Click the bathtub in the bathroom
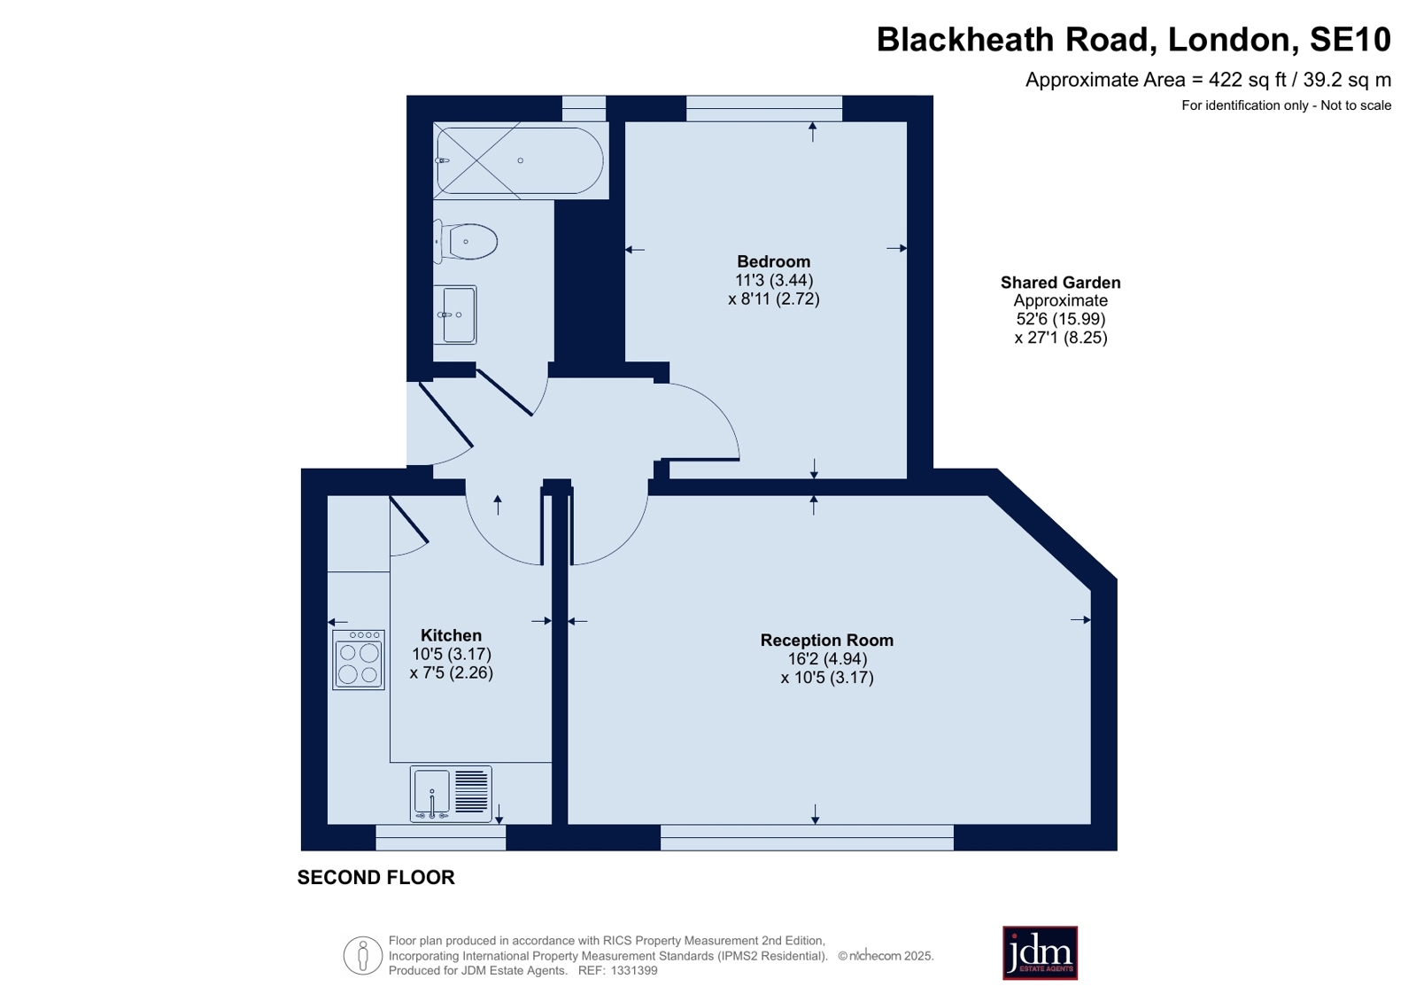click(520, 160)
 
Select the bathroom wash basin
click(454, 315)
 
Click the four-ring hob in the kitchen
click(359, 660)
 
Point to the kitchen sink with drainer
click(451, 795)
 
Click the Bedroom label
click(773, 261)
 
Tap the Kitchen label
click(451, 635)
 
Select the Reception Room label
click(827, 641)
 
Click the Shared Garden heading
click(1060, 282)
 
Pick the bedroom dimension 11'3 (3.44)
click(774, 280)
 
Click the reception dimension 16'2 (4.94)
click(827, 658)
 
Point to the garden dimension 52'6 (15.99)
click(1060, 319)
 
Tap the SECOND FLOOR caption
click(376, 877)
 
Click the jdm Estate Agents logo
click(1040, 952)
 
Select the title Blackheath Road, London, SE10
click(1134, 39)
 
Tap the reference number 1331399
click(633, 970)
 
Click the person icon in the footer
click(363, 955)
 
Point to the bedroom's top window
click(764, 108)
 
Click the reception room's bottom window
click(807, 837)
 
